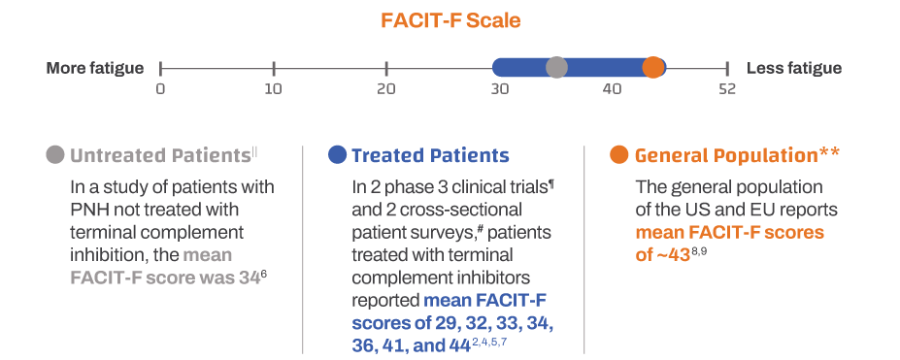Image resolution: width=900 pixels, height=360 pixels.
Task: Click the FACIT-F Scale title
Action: click(450, 20)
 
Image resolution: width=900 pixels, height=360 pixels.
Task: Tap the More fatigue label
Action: click(95, 68)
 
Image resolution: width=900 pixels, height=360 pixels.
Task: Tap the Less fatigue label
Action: click(793, 68)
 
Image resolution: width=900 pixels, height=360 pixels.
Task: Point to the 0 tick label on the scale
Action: click(160, 89)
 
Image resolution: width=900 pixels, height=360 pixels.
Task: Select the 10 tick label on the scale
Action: click(274, 89)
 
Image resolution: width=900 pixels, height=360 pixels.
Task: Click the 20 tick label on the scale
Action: click(386, 89)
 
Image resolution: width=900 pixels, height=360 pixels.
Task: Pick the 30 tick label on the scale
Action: click(500, 89)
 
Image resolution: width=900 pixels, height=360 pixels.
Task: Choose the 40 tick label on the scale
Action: click(612, 89)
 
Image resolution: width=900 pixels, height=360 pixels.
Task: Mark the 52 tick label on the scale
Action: click(727, 89)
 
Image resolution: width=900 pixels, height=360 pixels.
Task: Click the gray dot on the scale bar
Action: click(556, 68)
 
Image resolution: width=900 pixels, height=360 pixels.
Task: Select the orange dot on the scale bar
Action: click(653, 68)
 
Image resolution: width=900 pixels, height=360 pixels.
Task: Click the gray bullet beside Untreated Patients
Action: click(55, 155)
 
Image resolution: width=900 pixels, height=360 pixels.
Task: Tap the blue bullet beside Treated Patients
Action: click(338, 155)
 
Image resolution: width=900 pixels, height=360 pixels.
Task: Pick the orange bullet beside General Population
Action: click(618, 155)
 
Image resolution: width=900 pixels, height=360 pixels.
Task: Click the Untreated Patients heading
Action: click(160, 155)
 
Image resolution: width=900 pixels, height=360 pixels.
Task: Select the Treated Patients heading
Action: click(430, 155)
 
